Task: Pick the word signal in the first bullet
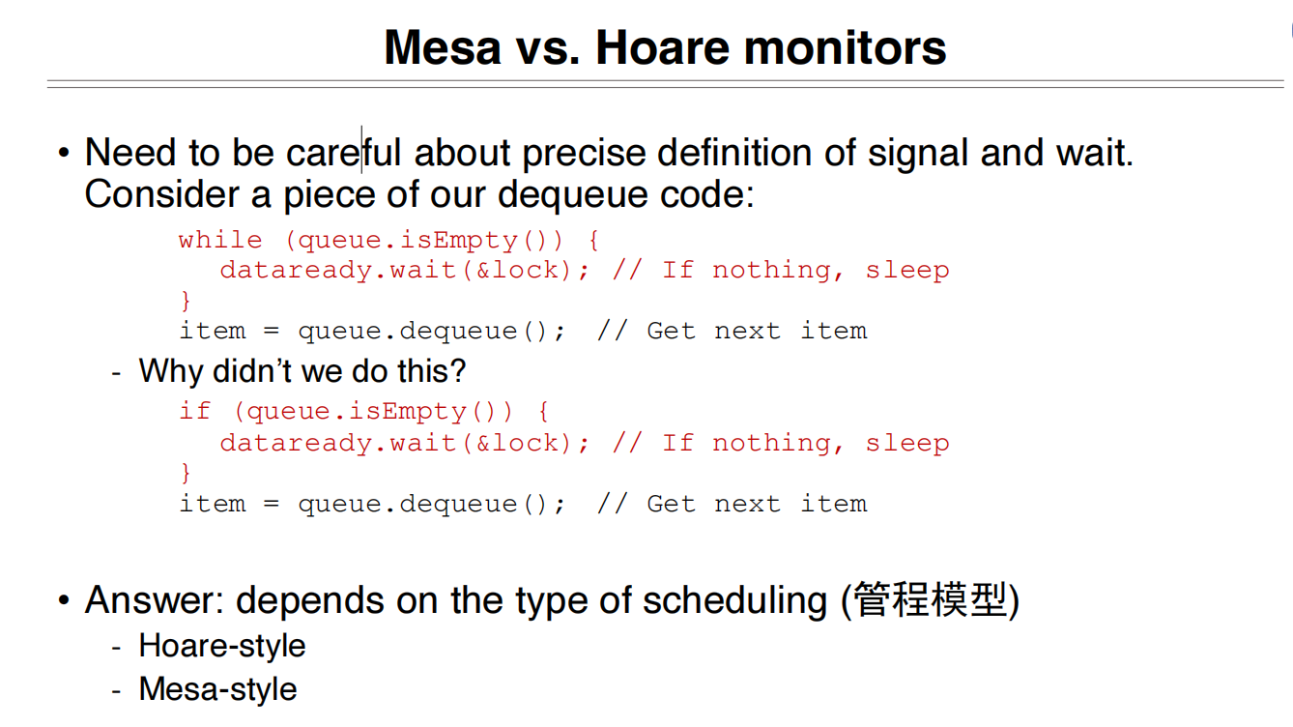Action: [x=919, y=153]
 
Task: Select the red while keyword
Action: [x=220, y=240]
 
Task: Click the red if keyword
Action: [x=194, y=411]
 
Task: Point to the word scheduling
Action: [x=734, y=600]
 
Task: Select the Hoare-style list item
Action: [x=222, y=646]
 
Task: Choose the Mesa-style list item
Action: [x=217, y=689]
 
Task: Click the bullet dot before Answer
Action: [x=64, y=601]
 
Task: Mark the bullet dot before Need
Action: [x=64, y=154]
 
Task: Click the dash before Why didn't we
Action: [x=117, y=371]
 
